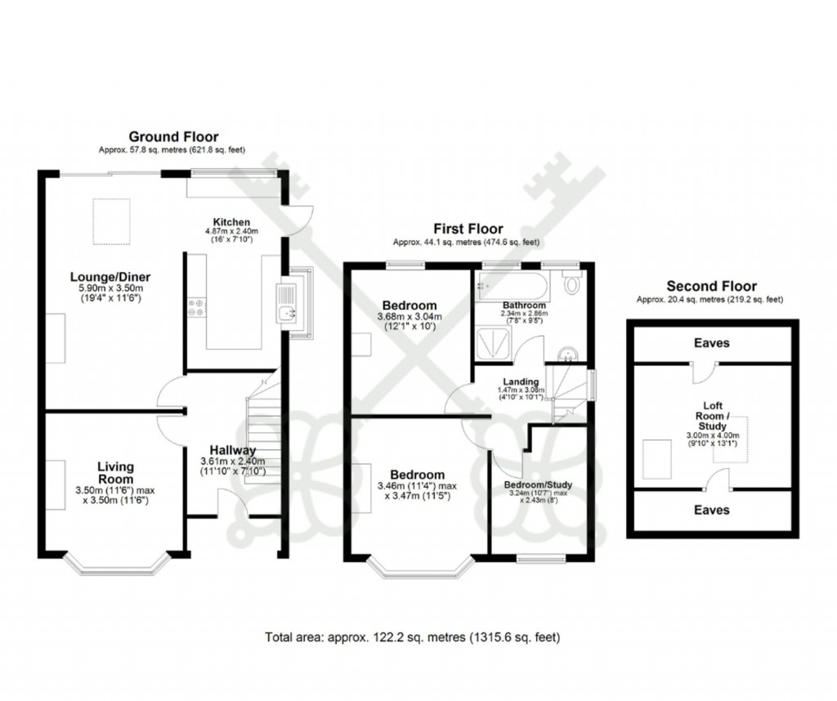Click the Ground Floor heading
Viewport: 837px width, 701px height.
[173, 136]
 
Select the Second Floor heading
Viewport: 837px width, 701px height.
[711, 286]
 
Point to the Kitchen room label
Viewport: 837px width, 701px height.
[231, 222]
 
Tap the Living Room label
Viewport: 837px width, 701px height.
[116, 473]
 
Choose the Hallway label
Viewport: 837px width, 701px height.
[232, 450]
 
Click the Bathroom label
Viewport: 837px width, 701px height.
[523, 305]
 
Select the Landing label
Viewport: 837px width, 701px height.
[521, 382]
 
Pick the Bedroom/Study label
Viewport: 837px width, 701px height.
[537, 484]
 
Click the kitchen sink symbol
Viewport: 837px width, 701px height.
[287, 303]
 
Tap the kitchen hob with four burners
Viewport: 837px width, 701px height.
[197, 308]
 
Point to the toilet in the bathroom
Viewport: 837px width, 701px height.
[571, 283]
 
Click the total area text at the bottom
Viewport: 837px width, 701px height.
[413, 636]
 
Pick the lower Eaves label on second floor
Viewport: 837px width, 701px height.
[711, 510]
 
